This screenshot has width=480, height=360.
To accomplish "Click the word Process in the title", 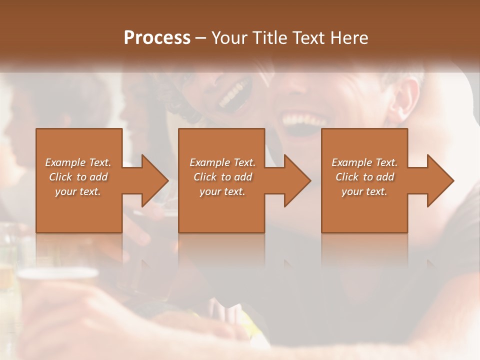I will [157, 38].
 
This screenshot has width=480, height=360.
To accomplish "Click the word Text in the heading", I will [306, 38].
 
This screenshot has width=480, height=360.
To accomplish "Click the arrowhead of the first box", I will [152, 180].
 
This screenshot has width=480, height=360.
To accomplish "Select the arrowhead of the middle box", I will [295, 180].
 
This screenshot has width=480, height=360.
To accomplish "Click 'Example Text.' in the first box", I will [78, 162].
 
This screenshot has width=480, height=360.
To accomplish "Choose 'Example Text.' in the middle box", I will [222, 162].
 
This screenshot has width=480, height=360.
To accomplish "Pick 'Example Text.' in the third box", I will [364, 162].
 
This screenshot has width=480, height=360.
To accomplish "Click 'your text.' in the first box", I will [78, 191].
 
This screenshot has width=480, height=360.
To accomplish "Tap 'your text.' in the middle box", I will [222, 191].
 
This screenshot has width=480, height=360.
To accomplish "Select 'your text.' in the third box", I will [364, 191].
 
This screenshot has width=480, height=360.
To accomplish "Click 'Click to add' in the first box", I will [78, 177].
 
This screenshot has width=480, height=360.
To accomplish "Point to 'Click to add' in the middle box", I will [222, 177].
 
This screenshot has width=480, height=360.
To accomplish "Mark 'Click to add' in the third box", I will [364, 177].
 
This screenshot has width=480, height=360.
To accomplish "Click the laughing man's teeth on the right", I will [299, 119].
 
